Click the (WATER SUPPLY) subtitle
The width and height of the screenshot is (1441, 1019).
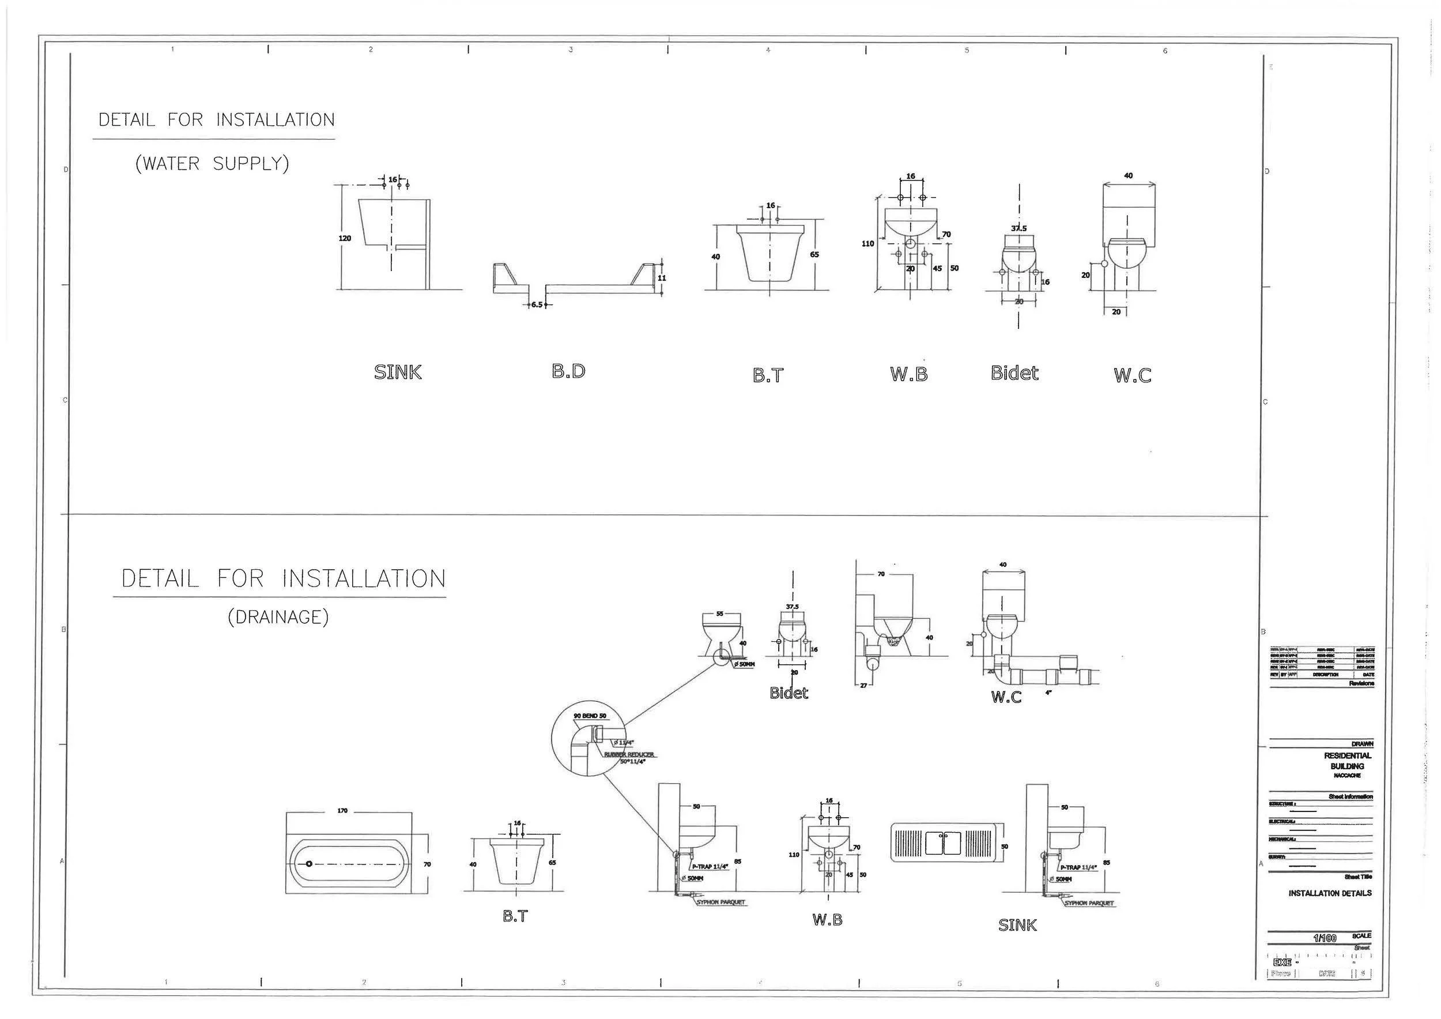[x=212, y=164]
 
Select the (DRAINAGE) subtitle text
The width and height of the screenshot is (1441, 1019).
[x=278, y=617]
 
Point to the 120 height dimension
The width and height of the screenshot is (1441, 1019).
[x=345, y=239]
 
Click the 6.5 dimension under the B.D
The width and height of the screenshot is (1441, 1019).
[x=537, y=304]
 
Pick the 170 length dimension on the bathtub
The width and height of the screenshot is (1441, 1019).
[x=342, y=811]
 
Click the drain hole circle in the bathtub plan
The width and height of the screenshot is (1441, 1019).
[x=309, y=864]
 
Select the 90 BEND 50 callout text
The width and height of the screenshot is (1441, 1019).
[x=590, y=716]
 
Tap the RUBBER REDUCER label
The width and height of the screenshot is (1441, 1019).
[x=629, y=755]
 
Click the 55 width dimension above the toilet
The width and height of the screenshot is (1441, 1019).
[x=719, y=614]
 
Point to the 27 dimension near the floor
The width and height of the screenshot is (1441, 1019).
[x=863, y=686]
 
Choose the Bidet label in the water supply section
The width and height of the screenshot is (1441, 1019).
[x=1014, y=374]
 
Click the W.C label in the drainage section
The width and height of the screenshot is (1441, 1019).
[x=1006, y=697]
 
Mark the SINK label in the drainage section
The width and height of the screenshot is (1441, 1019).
[x=1017, y=925]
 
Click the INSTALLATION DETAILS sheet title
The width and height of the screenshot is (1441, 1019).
[x=1330, y=893]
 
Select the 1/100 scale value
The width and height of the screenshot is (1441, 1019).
[x=1324, y=938]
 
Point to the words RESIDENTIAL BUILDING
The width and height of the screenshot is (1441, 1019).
[x=1348, y=761]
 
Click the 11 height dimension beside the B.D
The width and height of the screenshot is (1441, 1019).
[x=662, y=278]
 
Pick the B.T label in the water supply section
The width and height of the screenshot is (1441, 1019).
[x=768, y=375]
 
